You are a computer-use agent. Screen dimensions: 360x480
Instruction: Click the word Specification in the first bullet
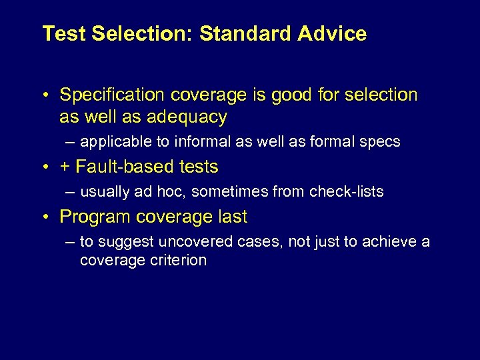pyautogui.click(x=109, y=95)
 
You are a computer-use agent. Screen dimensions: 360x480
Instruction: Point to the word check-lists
pyautogui.click(x=347, y=192)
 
